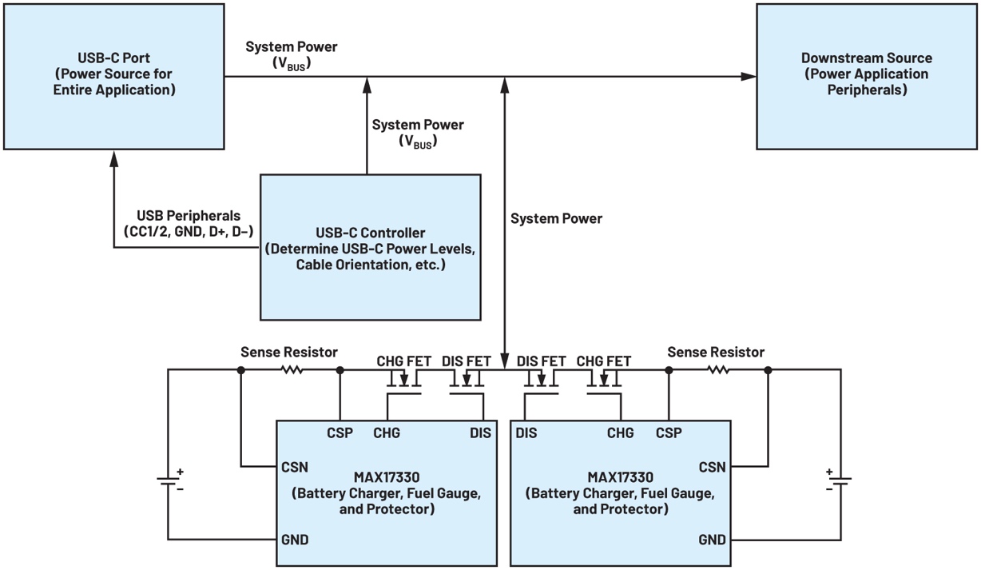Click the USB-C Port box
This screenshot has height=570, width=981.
click(113, 76)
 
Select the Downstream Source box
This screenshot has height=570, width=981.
click(866, 76)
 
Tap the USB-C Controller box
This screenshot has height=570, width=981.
click(370, 247)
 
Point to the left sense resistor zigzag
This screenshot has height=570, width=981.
click(291, 370)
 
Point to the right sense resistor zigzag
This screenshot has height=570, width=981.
click(718, 370)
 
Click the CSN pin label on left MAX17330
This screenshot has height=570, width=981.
click(295, 466)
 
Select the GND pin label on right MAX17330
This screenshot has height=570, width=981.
click(712, 540)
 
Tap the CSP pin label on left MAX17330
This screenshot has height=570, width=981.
click(340, 433)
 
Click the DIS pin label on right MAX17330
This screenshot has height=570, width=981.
click(526, 433)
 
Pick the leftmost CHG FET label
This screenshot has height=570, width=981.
click(404, 361)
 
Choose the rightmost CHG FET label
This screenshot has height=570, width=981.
click(603, 361)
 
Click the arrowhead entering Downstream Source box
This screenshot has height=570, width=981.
click(749, 77)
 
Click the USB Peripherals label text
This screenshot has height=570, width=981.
click(189, 216)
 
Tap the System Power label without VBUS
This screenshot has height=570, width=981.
click(556, 218)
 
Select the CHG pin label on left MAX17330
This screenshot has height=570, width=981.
click(387, 433)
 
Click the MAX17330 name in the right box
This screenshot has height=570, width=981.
click(620, 478)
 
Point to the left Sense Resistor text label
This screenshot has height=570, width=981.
click(289, 352)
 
